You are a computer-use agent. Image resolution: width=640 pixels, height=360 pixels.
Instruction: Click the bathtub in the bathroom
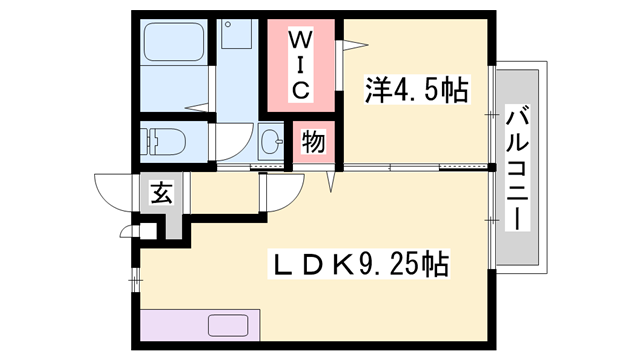pos(174,44)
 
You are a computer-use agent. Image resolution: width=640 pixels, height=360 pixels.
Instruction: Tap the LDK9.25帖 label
pos(361,265)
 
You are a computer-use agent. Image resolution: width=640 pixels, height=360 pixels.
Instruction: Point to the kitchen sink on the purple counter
pos(232,326)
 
